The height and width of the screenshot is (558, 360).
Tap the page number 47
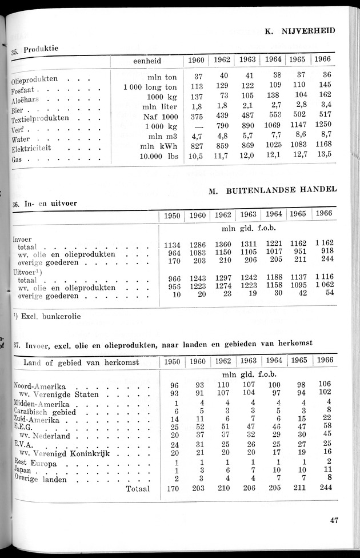pos(335,520)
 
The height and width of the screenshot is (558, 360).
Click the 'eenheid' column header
pos(147,61)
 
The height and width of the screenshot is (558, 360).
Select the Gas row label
pos(17,160)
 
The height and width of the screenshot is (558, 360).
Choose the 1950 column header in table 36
pos(172,216)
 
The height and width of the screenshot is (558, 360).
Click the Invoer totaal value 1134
pos(172,245)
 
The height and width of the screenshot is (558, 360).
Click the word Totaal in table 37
pos(137,489)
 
